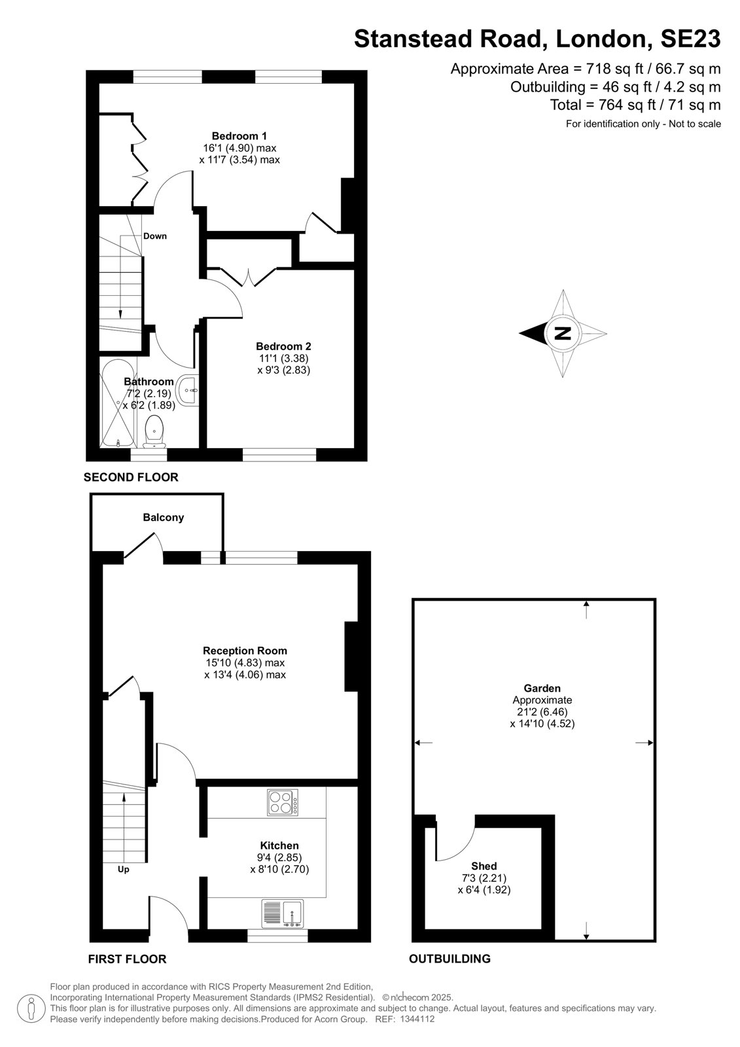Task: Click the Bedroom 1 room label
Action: (x=239, y=136)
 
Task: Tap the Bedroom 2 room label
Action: (x=283, y=346)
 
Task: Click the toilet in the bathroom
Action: (x=154, y=431)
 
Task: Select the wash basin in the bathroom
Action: (x=188, y=389)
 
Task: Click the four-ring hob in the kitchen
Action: (x=283, y=802)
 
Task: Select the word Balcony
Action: (x=163, y=518)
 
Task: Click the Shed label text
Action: (x=484, y=866)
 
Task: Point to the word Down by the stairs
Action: (x=154, y=236)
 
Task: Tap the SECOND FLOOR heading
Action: (x=131, y=477)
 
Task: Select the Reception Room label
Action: (x=245, y=650)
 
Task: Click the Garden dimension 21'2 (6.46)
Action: (x=542, y=712)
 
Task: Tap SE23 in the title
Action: (x=690, y=39)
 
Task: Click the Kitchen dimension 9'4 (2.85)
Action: (x=279, y=858)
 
